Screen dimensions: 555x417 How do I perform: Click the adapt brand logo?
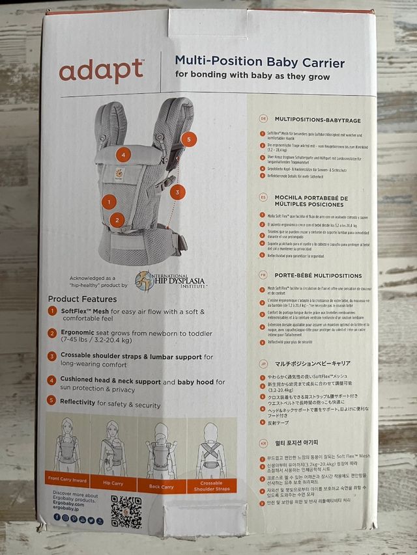tap(101, 70)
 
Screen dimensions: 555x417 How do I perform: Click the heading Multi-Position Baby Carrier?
tap(259, 62)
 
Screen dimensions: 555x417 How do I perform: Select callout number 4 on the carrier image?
tap(122, 155)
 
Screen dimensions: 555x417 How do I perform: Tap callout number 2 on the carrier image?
tap(117, 221)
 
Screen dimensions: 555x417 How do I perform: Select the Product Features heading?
tap(82, 299)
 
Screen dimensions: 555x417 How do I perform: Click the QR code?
tap(126, 511)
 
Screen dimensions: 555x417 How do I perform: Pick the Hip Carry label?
tap(112, 484)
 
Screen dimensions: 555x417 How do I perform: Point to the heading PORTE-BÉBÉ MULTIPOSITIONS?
tap(318, 275)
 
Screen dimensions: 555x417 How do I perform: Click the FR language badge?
tap(263, 275)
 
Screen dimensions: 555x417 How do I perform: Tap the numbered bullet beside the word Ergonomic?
tap(52, 332)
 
